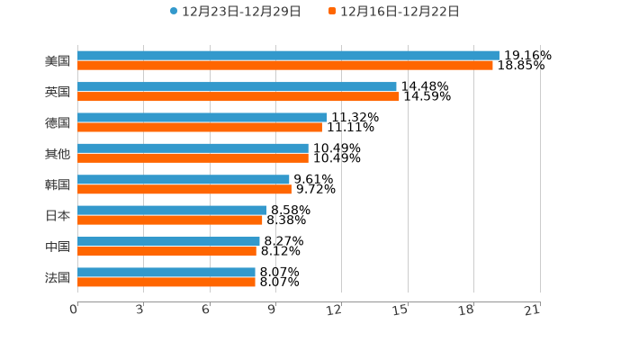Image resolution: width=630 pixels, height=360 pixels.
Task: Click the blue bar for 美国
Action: [x=288, y=56]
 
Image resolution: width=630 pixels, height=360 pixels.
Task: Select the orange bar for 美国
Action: [x=285, y=66]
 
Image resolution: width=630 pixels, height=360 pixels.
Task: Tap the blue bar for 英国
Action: [x=237, y=86]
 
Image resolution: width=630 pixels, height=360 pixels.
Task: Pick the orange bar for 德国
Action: [x=200, y=127]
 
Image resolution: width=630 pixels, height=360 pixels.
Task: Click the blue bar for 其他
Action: [x=193, y=148]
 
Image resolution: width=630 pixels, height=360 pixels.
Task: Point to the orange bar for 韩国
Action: [x=184, y=189]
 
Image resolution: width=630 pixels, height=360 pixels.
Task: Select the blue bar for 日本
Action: [x=172, y=211]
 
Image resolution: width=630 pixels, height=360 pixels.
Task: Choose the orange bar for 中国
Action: [x=166, y=251]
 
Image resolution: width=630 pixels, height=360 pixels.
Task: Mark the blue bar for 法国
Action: [x=166, y=272]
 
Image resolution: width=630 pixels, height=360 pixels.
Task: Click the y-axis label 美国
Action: [x=58, y=61]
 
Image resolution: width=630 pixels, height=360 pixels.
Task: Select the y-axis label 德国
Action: [x=58, y=122]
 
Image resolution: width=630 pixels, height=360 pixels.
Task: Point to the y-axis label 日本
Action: [x=58, y=216]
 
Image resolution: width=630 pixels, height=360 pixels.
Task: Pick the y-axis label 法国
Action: [x=58, y=277]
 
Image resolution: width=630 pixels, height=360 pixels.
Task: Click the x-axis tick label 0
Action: [x=74, y=310]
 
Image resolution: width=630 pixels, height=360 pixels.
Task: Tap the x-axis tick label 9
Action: [x=272, y=310]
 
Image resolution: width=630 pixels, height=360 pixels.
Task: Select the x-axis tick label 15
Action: [x=400, y=310]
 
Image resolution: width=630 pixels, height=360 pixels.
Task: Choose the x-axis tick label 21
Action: [x=532, y=310]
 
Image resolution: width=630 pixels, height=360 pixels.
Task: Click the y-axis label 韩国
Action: [x=58, y=184]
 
